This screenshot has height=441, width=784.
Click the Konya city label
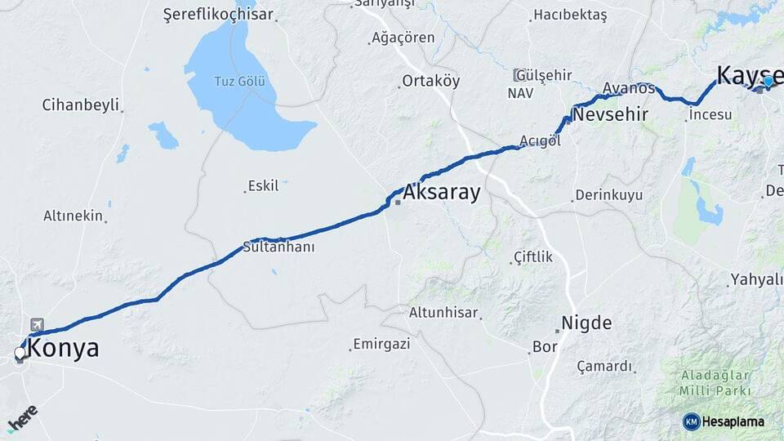tap(63, 349)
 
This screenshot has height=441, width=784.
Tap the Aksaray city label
tap(441, 192)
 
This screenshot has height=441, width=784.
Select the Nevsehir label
tap(610, 114)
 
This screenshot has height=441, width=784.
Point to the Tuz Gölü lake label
tap(239, 81)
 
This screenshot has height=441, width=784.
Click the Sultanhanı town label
tap(279, 246)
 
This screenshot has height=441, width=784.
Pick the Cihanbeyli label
tap(81, 105)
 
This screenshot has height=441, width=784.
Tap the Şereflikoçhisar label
tap(218, 15)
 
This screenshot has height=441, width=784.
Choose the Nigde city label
tap(586, 323)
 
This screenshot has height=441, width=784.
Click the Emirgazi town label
tap(381, 344)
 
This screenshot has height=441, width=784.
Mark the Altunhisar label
tap(443, 312)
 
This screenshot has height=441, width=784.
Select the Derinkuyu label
tap(608, 195)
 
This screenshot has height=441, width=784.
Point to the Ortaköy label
tap(430, 81)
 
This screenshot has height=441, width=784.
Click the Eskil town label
tap(263, 185)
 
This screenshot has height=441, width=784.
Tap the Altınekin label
tap(73, 216)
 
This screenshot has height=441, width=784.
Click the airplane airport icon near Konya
tap(36, 325)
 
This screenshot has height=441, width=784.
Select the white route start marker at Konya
tap(20, 354)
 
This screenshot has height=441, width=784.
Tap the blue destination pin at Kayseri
tap(768, 81)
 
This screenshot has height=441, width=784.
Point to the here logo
tap(22, 418)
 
